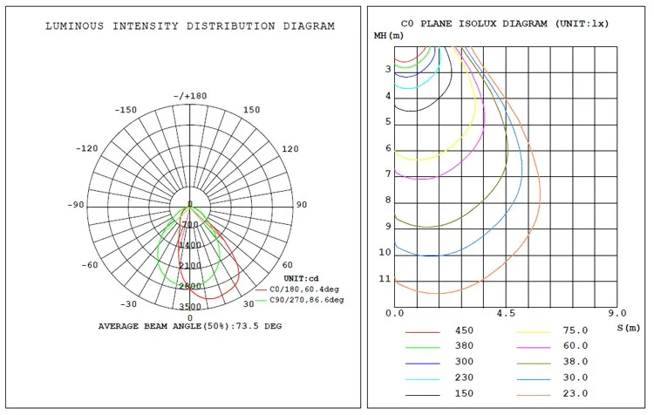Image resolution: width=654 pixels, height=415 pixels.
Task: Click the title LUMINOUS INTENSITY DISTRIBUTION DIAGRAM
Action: pos(190,26)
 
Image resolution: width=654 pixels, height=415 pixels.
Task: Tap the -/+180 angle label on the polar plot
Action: pos(190,96)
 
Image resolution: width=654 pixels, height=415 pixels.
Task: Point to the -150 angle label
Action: pos(126,110)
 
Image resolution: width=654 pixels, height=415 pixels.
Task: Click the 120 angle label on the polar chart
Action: pos(290,149)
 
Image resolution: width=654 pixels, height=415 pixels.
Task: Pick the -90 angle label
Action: pos(76,205)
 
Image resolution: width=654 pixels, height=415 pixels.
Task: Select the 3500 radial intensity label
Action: pos(190,307)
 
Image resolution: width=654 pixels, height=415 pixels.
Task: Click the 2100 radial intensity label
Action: pos(190,266)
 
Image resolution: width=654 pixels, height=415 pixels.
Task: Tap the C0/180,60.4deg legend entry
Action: pos(297,289)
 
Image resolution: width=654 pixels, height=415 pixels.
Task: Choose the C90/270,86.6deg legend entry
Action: pos(299,300)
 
